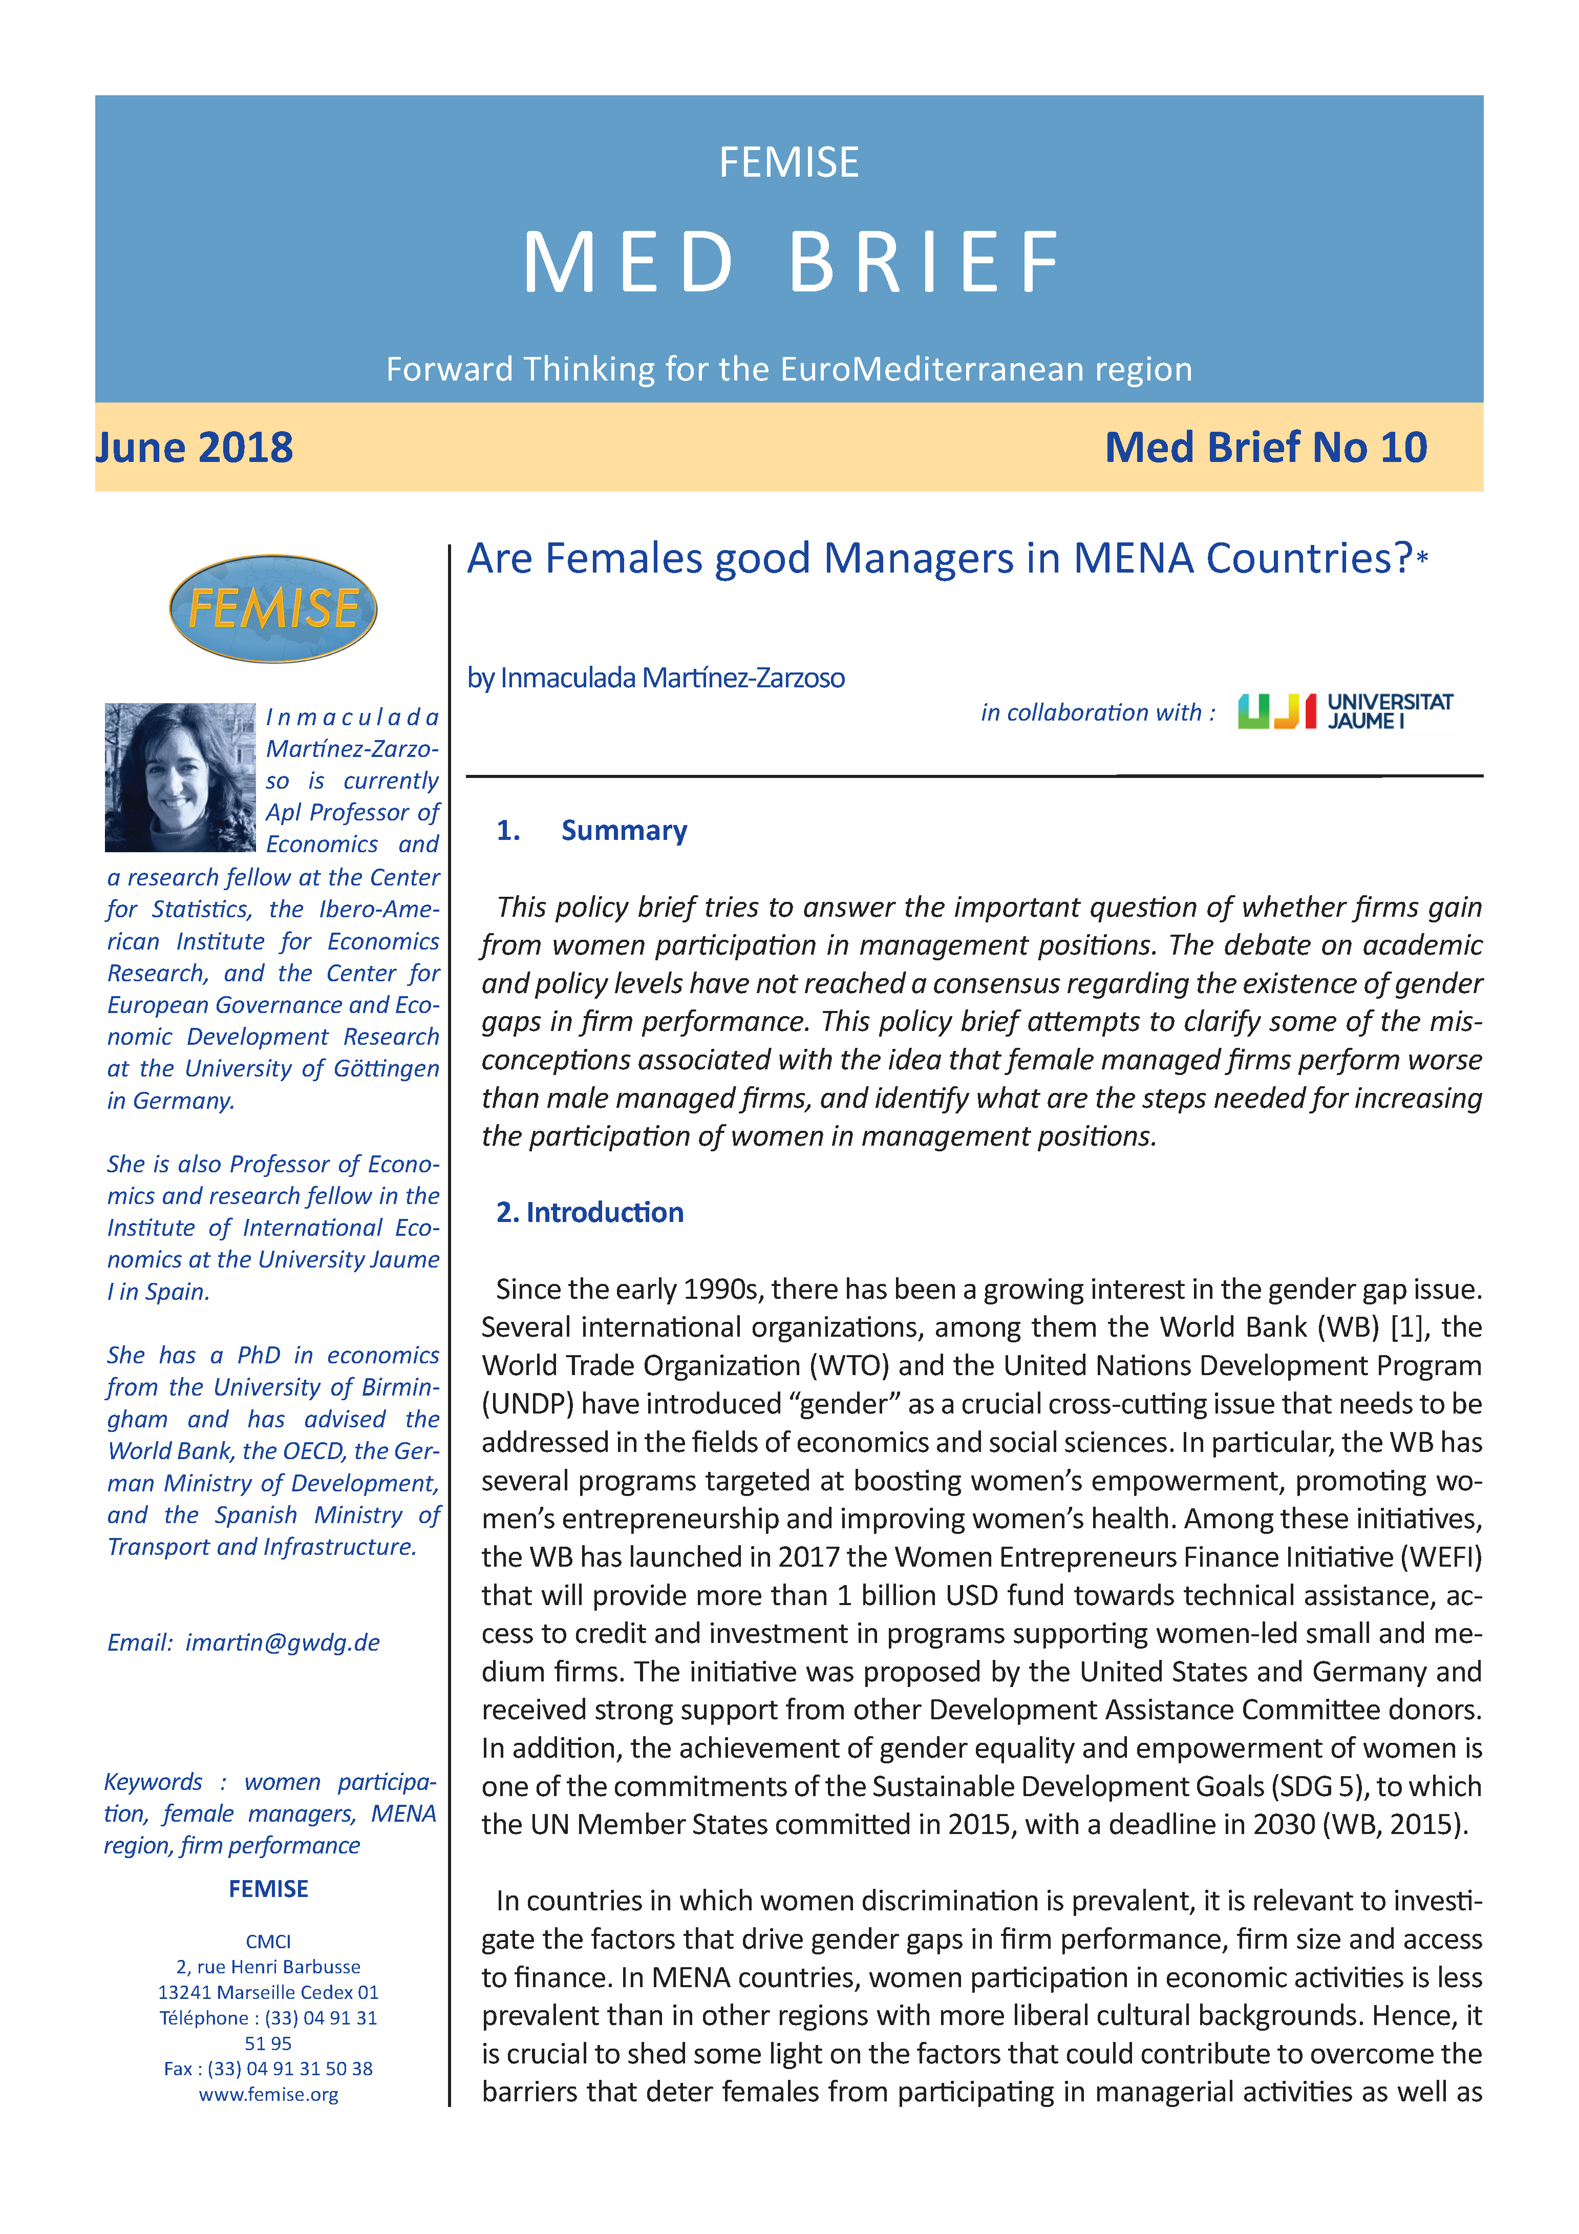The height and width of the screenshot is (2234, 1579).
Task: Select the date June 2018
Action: point(195,448)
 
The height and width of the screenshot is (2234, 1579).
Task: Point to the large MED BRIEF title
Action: point(790,263)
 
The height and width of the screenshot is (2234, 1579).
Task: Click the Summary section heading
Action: point(624,830)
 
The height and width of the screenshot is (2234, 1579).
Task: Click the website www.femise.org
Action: point(268,2095)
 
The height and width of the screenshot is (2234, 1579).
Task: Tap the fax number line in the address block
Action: point(268,2069)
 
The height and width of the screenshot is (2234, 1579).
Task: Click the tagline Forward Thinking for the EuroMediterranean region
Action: point(789,370)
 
